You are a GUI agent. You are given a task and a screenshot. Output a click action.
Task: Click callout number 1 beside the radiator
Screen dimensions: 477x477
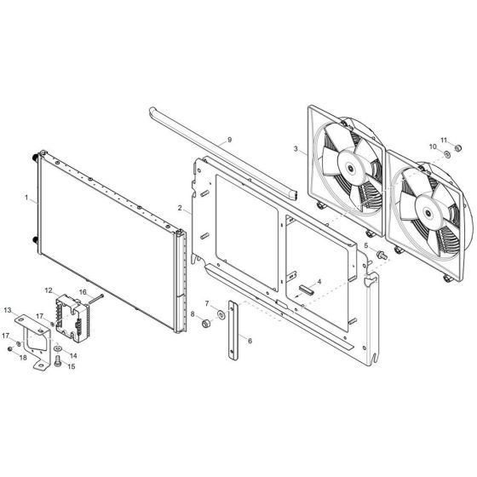point(26,198)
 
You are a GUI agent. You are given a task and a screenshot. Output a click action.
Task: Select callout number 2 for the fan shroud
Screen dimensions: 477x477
point(180,208)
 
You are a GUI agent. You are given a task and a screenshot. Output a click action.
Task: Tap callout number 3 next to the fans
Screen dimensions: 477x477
point(296,150)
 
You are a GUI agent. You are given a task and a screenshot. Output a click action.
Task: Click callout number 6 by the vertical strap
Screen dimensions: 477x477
point(251,339)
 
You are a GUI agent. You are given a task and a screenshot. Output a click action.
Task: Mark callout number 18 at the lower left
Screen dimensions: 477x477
point(23,359)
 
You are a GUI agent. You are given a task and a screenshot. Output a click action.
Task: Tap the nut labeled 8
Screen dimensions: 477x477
point(206,324)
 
